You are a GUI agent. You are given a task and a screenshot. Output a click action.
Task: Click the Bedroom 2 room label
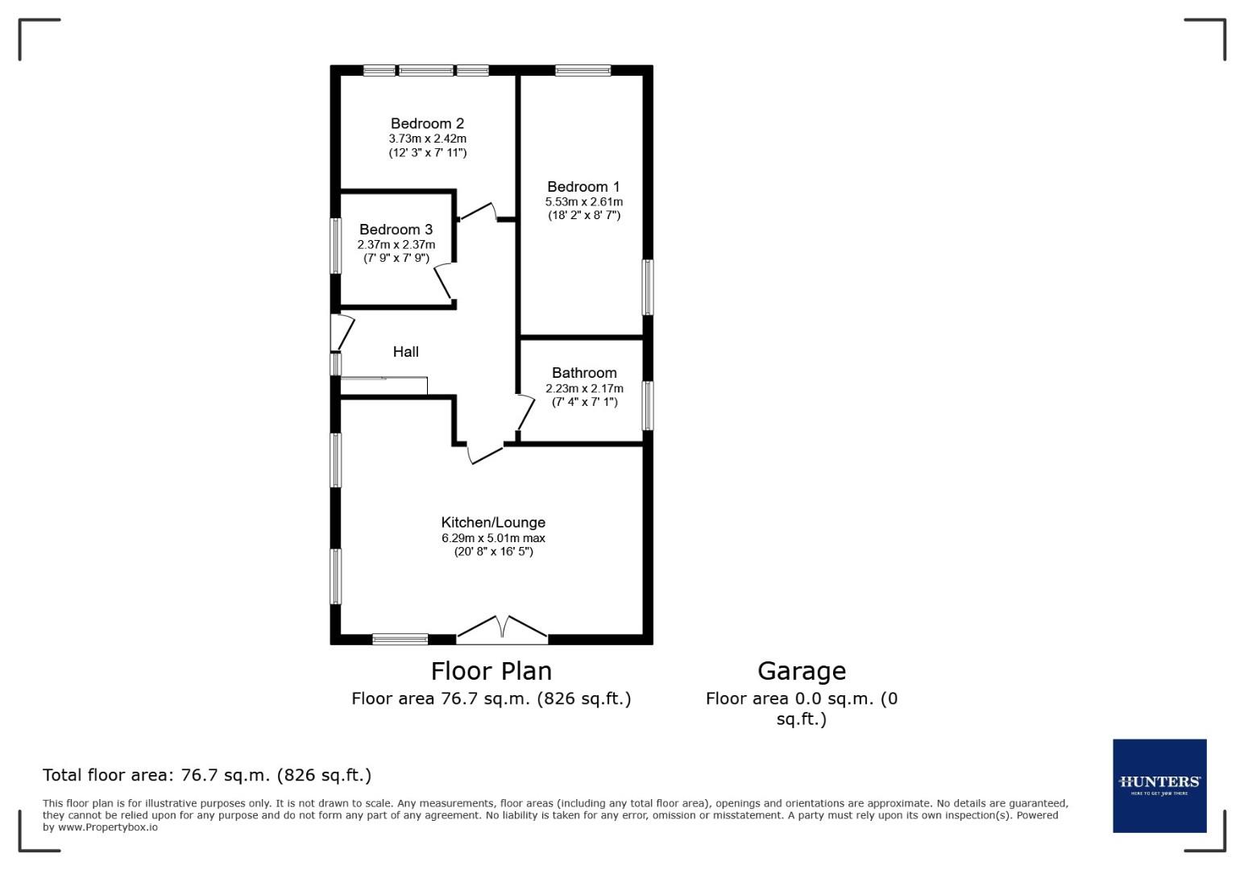pos(427,123)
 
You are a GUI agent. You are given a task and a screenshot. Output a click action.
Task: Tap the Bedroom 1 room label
pos(583,187)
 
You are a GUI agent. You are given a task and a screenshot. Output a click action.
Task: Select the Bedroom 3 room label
pos(396,230)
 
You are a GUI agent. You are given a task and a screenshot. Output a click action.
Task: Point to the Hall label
pos(405,352)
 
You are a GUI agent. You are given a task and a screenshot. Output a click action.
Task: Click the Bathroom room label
pos(584,373)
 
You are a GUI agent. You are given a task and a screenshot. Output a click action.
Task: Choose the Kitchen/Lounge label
pos(493,523)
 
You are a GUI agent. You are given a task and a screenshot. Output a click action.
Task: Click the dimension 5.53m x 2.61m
pos(583,201)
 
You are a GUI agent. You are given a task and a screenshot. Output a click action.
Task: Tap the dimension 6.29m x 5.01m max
pos(493,538)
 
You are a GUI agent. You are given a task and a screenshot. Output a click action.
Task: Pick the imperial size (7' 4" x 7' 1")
pos(584,402)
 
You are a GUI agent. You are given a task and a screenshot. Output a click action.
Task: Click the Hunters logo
pos(1159,785)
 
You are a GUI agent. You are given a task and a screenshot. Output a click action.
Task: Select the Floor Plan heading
pos(491,671)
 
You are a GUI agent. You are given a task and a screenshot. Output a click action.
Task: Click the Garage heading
pos(801,671)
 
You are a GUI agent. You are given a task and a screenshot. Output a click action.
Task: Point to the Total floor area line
pos(207,776)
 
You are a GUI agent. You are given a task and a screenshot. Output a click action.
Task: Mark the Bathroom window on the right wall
pos(647,405)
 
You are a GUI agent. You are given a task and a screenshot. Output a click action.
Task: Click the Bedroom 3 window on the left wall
pos(336,246)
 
